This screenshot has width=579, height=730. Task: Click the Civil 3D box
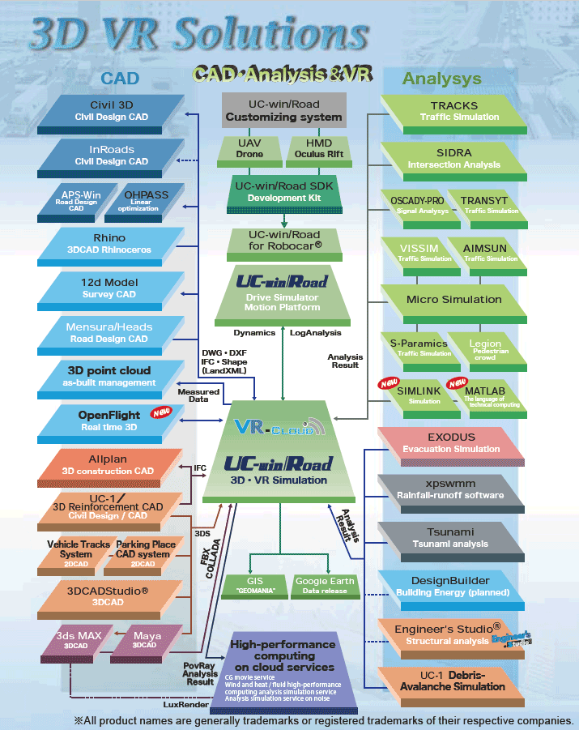click(x=112, y=111)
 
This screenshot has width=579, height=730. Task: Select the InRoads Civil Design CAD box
click(x=112, y=155)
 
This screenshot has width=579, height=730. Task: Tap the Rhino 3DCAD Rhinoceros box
click(x=112, y=244)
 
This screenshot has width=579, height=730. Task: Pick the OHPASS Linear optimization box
click(x=147, y=200)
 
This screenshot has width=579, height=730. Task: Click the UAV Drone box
click(x=249, y=148)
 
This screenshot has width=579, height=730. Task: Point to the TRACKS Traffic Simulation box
click(x=454, y=111)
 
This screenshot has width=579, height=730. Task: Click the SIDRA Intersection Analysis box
click(x=454, y=158)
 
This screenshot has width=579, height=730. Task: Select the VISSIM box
click(x=420, y=252)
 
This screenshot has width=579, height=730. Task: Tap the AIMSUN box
click(x=487, y=252)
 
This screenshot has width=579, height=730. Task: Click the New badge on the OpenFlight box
click(x=160, y=413)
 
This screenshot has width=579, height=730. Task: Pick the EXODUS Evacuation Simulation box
click(x=453, y=443)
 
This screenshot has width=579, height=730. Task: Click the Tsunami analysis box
click(x=449, y=537)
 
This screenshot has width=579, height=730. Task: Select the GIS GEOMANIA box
click(x=254, y=586)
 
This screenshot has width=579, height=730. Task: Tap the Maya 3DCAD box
click(x=146, y=640)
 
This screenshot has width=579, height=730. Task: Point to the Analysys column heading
click(x=441, y=79)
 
